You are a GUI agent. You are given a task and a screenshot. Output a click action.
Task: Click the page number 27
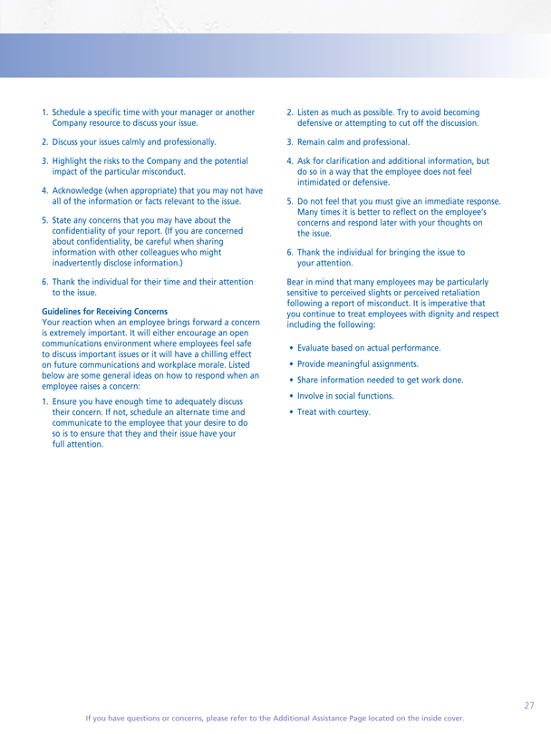528,705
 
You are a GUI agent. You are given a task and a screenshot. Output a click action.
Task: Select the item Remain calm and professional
353,142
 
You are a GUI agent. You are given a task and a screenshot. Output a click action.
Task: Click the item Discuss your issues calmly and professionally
134,142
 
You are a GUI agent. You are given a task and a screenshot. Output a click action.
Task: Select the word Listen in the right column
309,112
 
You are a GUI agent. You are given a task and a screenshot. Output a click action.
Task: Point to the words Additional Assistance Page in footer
300,718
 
